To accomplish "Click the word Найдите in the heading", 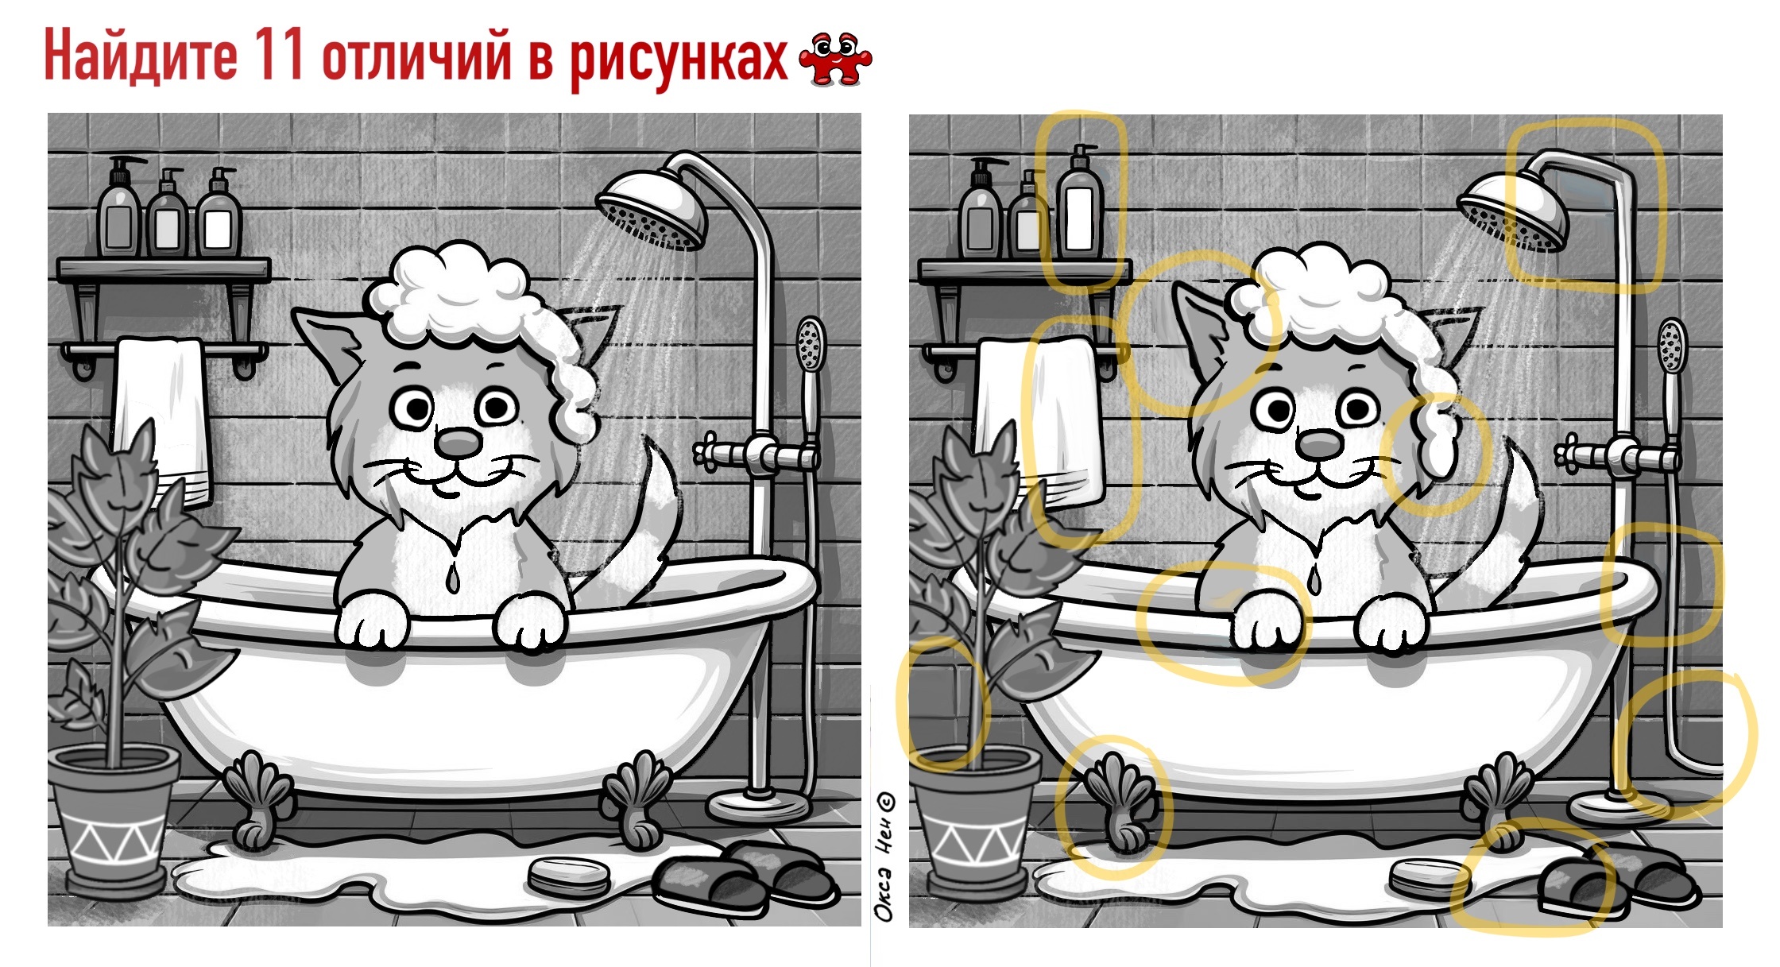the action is (x=140, y=56).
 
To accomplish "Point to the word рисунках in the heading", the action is (x=679, y=60).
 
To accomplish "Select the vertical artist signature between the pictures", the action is (x=884, y=857).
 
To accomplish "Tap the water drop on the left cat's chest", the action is (x=452, y=578).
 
